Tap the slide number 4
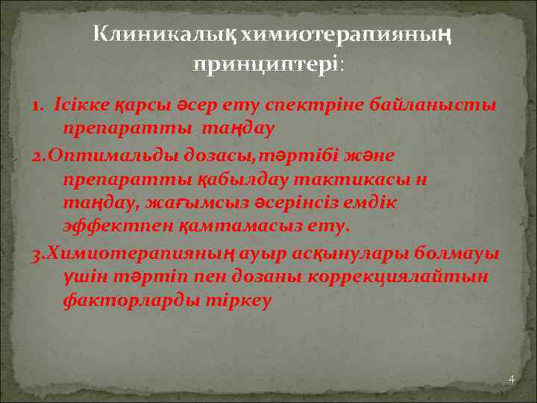(511, 380)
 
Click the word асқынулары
(368, 254)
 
